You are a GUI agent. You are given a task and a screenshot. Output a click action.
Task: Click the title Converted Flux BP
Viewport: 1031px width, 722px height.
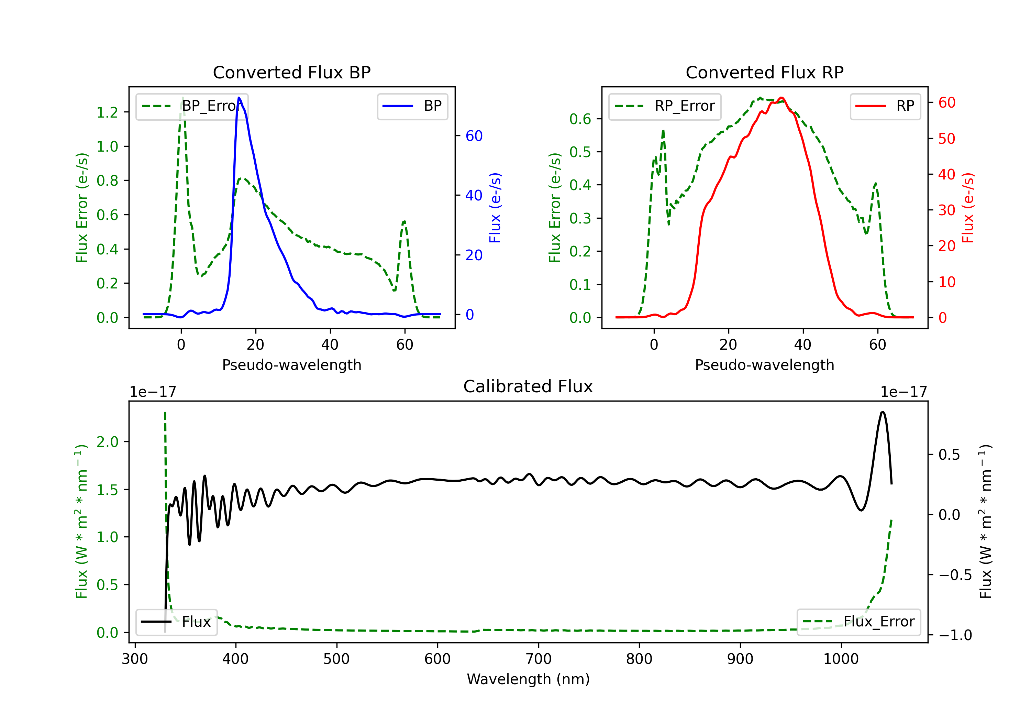[291, 72]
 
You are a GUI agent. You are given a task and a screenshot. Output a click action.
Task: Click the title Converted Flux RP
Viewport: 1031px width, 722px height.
[764, 72]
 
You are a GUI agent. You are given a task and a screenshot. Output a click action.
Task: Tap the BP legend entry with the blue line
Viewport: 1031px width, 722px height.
[412, 106]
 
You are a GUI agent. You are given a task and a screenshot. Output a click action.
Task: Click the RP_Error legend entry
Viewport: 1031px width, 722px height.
[665, 106]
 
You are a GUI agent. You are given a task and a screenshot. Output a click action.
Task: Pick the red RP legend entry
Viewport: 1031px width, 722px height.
[885, 106]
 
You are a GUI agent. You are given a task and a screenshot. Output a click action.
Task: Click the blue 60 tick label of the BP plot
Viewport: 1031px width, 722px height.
[474, 136]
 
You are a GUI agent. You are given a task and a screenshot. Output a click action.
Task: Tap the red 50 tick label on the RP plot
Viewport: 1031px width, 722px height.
[946, 138]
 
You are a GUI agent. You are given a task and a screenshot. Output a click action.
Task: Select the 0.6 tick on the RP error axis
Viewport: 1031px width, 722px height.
[580, 119]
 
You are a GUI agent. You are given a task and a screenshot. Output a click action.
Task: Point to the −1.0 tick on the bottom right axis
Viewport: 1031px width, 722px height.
[955, 635]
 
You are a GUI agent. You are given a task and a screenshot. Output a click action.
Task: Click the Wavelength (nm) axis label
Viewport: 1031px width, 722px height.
[528, 679]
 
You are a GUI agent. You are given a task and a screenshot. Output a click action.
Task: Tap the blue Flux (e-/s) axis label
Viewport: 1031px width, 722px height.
[495, 208]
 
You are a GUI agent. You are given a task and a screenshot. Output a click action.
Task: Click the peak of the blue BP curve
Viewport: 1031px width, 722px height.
[239, 98]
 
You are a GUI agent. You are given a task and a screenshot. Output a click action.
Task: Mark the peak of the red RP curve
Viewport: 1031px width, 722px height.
[781, 98]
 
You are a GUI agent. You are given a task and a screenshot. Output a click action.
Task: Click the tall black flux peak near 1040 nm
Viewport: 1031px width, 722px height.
[883, 412]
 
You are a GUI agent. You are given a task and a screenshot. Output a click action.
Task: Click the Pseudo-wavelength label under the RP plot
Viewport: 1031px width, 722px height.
[764, 365]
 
